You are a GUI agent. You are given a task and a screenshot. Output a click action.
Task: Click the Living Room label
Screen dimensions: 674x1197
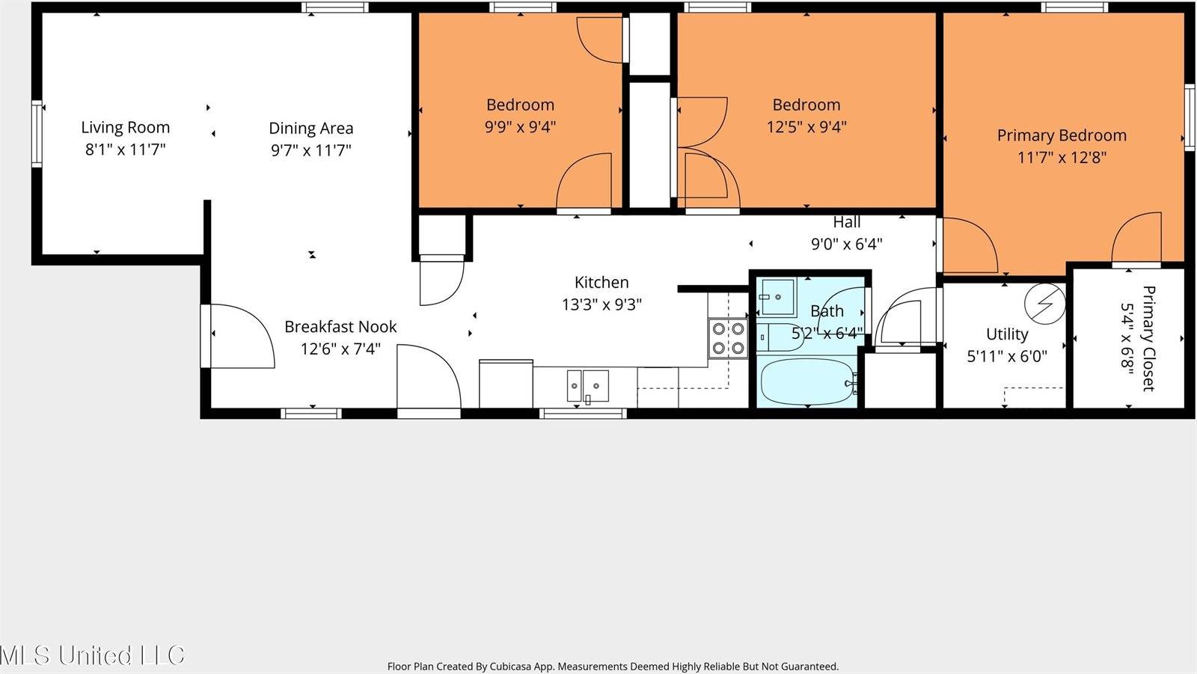coord(125,127)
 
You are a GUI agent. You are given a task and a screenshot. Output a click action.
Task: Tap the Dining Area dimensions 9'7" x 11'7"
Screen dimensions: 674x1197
coord(310,150)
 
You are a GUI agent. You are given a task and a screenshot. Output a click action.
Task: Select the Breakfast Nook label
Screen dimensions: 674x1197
coord(340,327)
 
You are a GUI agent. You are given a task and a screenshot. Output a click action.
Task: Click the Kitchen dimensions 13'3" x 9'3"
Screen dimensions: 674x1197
coord(601,304)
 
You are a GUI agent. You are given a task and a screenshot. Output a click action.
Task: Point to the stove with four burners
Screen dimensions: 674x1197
coord(728,338)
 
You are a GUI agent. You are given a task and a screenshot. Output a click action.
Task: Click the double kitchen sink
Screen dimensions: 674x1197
coord(587,386)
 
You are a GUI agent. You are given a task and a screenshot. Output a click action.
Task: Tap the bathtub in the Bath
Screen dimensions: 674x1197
coord(806,382)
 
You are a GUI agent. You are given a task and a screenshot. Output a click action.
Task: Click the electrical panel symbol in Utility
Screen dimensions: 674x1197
coord(1045,303)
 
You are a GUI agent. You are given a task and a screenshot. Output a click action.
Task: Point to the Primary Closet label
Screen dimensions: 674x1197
coord(1148,338)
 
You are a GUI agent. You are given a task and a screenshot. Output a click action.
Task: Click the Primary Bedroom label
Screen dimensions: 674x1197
coord(1062,135)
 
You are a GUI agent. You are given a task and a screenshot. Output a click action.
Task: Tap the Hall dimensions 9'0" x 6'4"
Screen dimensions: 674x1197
coord(846,244)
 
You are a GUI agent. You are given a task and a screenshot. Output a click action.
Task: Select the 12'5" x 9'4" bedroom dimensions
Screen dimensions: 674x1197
coord(806,127)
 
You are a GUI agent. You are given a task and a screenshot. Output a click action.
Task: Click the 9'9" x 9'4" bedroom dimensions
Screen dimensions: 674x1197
coord(520,127)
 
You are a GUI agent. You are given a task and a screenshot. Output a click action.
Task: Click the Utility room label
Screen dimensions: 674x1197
coord(1007,334)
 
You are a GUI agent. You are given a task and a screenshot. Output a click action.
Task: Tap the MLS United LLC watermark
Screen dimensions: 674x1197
coord(91,655)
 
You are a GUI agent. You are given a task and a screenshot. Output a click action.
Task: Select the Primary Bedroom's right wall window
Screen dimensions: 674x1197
coord(1189,117)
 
